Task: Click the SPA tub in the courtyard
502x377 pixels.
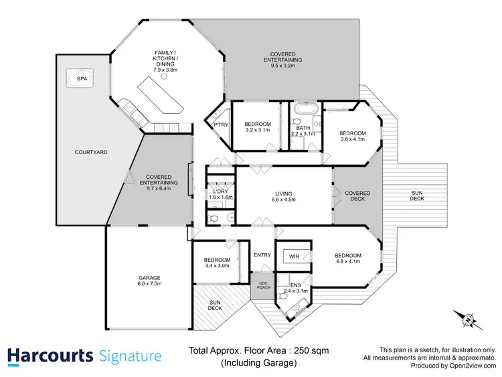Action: click(82, 80)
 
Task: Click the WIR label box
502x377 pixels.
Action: click(294, 256)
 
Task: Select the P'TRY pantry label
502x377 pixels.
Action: click(219, 125)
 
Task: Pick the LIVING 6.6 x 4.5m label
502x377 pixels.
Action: click(283, 198)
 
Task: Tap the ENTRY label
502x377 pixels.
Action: click(262, 254)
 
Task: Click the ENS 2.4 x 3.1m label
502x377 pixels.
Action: click(295, 288)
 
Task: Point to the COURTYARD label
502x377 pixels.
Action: click(90, 152)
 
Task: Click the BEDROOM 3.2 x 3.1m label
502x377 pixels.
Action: click(257, 127)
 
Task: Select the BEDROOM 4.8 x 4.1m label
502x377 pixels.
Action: click(347, 258)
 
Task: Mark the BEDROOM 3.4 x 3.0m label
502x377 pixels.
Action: click(217, 262)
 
